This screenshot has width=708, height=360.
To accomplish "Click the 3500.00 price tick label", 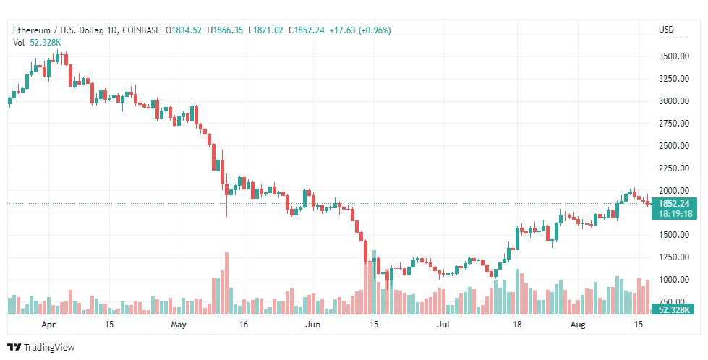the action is (674, 56).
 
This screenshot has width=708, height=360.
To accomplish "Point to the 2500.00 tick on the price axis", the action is (674, 146).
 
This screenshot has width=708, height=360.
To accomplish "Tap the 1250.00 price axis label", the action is (674, 257).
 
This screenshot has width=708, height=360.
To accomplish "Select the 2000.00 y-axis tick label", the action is (674, 190).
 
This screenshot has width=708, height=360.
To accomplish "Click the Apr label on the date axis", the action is (48, 325).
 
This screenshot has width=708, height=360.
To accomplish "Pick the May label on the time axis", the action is (179, 325).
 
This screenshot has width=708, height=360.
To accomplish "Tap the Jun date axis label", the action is (312, 325).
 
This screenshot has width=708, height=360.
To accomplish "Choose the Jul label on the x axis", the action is (443, 325).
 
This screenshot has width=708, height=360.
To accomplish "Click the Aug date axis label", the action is (578, 325).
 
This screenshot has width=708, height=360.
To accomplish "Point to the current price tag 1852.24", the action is (674, 204).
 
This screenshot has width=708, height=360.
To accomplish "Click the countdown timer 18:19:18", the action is (675, 214).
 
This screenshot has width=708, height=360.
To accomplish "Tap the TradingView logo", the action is (41, 348).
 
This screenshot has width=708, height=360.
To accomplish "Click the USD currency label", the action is (666, 30).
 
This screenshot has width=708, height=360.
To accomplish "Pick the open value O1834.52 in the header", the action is (183, 30).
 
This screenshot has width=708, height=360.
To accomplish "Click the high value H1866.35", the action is (225, 30).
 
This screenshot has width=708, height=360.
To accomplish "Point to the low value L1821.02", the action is (266, 30).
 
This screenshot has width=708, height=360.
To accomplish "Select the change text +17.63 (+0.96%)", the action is (360, 30).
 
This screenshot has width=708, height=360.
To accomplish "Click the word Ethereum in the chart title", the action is (32, 30).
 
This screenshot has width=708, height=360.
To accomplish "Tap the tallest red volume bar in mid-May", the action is (226, 283).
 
